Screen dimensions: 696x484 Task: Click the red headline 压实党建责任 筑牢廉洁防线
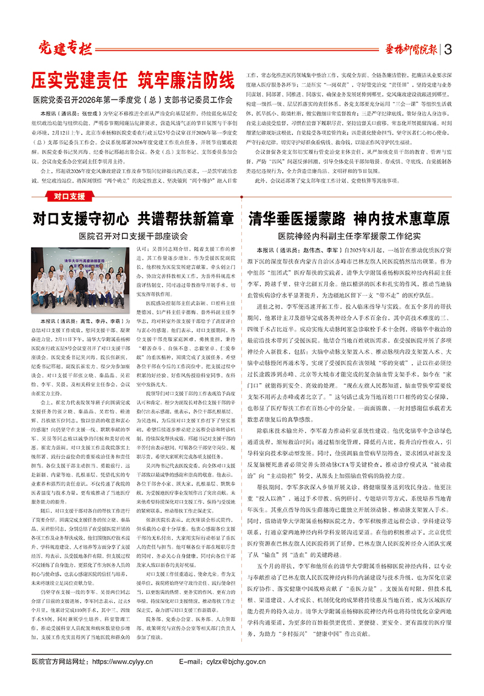tap(133, 80)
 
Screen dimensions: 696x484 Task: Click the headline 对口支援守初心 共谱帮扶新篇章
tap(133, 218)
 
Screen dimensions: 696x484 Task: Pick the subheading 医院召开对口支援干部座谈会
tap(133, 235)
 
